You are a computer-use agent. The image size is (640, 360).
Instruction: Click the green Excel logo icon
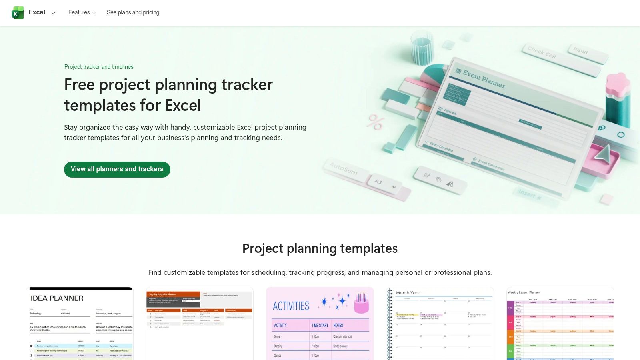coord(18,13)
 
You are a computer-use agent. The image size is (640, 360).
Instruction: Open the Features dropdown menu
coord(82,13)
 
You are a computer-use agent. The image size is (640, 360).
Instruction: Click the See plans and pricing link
coord(133,13)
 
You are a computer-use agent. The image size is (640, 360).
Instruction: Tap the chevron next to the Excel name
coord(53,13)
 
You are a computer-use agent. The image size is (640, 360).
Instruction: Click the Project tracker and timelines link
coord(99,67)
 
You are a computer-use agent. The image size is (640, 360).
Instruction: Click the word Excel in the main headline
coord(183,106)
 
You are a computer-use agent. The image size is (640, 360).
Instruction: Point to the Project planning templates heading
coord(320,248)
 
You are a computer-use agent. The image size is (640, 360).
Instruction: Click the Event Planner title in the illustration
coord(484,79)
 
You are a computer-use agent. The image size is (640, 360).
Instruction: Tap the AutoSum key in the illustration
coord(343,168)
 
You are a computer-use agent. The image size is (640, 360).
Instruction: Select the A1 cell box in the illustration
coord(378,182)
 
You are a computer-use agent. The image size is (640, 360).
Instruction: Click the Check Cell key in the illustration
coord(542,52)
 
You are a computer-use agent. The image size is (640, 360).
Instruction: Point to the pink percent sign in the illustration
coord(376,122)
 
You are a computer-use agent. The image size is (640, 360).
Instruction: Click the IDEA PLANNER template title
coord(57,298)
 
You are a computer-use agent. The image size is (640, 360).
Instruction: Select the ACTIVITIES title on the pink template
coord(291,306)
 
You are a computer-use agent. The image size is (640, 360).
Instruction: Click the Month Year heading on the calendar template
coord(408,293)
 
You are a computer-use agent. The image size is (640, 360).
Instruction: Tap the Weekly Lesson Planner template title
coord(524,292)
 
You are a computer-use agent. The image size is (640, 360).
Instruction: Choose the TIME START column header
coord(320,326)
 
